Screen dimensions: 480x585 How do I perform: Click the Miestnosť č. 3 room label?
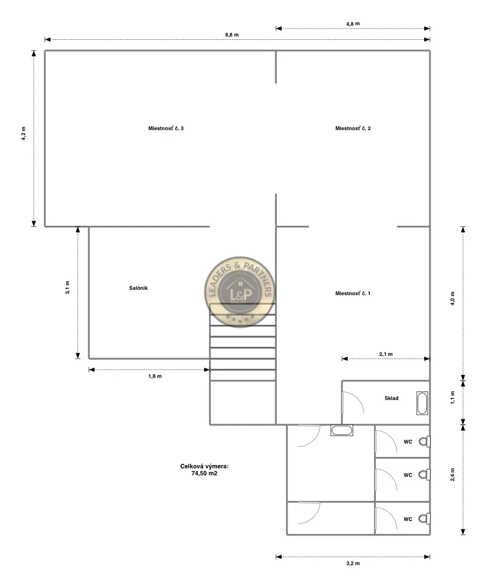tap(166, 129)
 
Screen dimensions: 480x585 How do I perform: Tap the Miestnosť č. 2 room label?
tap(353, 129)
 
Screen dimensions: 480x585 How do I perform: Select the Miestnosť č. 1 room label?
tap(353, 293)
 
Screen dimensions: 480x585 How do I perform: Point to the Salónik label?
tap(138, 288)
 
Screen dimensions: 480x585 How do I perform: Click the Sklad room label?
tap(391, 398)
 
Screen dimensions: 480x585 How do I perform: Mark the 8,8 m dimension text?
tap(232, 35)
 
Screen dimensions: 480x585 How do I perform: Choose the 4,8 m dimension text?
tap(353, 24)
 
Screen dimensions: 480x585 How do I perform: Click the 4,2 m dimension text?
tap(24, 133)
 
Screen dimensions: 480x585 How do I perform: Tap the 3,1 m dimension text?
tap(68, 288)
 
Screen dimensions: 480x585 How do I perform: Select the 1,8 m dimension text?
tap(155, 376)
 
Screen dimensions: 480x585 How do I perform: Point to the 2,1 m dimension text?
tap(385, 354)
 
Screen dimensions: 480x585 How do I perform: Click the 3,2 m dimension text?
tap(353, 563)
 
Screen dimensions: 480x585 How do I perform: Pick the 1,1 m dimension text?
tap(453, 398)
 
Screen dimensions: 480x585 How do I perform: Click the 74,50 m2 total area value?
tap(204, 474)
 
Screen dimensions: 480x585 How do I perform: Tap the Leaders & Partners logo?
tap(240, 292)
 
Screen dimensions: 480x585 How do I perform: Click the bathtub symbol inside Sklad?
tap(422, 403)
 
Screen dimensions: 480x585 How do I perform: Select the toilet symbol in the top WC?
tap(425, 442)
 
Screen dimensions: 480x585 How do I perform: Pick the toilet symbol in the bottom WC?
tap(425, 518)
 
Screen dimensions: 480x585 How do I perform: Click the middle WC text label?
tap(407, 475)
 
